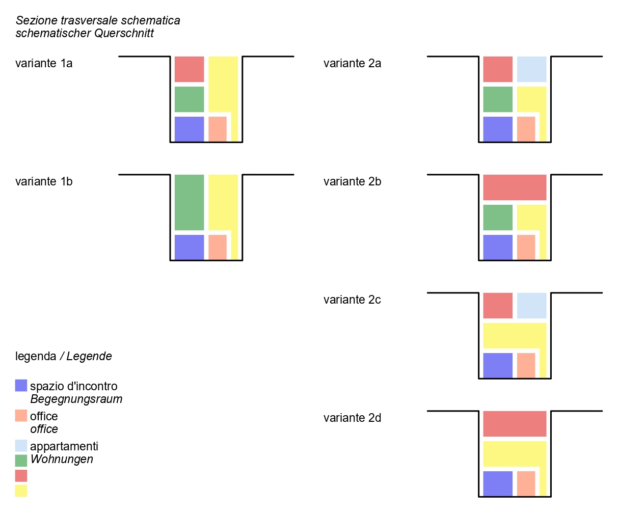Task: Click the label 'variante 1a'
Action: (44, 63)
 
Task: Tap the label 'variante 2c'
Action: (352, 300)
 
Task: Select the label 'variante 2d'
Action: (352, 418)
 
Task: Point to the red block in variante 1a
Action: (189, 69)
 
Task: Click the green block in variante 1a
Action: (189, 99)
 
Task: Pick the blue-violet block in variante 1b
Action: (189, 247)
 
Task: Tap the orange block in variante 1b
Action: (218, 247)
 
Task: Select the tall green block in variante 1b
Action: (189, 202)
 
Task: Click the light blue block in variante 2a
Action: (531, 69)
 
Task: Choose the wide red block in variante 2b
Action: (515, 187)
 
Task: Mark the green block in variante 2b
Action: (498, 218)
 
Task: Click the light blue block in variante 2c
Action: (531, 306)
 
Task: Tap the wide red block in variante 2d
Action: (515, 424)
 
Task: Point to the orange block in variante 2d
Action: (526, 483)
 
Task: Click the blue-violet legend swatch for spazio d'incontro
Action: (21, 386)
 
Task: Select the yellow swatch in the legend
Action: (21, 491)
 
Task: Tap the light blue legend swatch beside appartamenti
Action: (21, 446)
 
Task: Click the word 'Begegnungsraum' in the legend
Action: (76, 399)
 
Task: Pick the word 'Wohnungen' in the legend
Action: (62, 459)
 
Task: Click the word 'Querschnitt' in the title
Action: (124, 33)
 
